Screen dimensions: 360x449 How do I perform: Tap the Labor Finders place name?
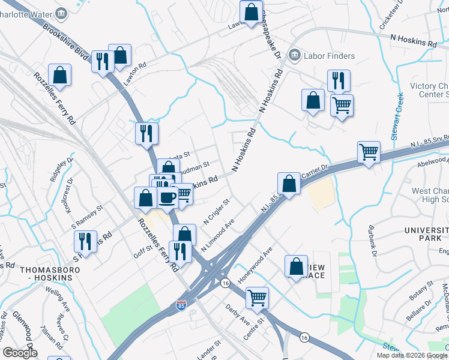(330, 56)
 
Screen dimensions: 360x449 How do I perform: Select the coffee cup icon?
(167, 197)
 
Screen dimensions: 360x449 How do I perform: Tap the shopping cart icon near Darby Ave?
(258, 296)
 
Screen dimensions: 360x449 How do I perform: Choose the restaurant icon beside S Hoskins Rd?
(86, 241)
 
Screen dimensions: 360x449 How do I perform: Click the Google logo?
(19, 353)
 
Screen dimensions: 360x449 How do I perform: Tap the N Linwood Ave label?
(217, 236)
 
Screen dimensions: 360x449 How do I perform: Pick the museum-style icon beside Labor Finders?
(294, 56)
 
